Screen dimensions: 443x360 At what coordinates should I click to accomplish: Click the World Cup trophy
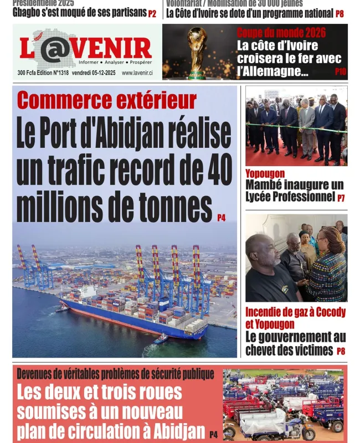pyautogui.click(x=197, y=52)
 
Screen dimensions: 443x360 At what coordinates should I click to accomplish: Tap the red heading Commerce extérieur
pyautogui.click(x=107, y=100)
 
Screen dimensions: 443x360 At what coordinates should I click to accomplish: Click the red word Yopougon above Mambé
pyautogui.click(x=265, y=174)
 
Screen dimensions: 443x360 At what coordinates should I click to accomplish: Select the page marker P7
pyautogui.click(x=341, y=198)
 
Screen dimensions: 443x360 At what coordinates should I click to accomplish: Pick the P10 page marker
pyautogui.click(x=340, y=71)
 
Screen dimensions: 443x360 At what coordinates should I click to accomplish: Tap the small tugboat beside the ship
pyautogui.click(x=161, y=339)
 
